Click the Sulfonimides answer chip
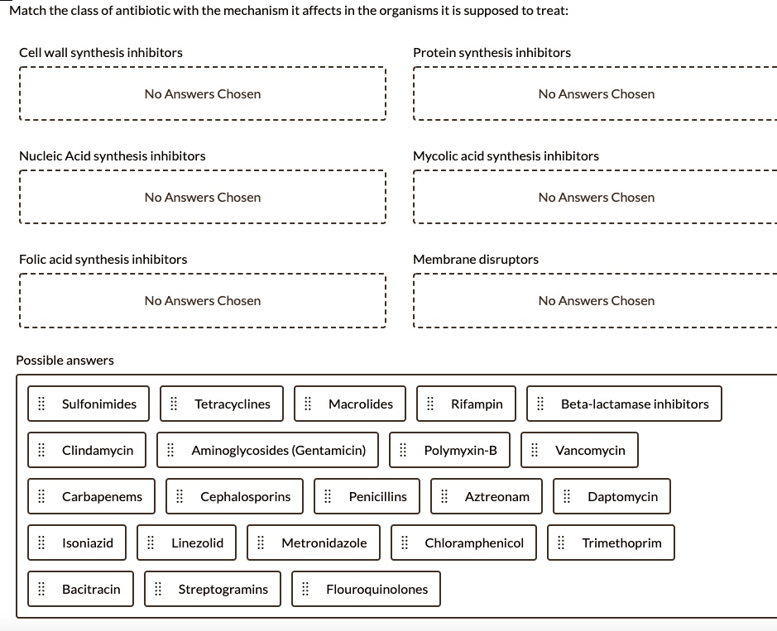point(89,404)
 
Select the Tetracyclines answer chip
point(222,404)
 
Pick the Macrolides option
point(352,404)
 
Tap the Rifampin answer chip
point(467,404)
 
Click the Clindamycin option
point(88,450)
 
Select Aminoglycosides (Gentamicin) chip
point(268,450)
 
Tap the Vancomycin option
point(580,450)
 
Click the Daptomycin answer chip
point(612,496)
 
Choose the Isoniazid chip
point(78,543)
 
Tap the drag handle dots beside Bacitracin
point(41,589)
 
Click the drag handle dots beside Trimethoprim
point(561,543)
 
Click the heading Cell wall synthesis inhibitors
point(101,52)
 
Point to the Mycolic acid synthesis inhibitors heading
point(506,155)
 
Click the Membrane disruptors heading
point(476,259)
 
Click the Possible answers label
point(65,360)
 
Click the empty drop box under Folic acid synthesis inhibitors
point(202,301)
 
